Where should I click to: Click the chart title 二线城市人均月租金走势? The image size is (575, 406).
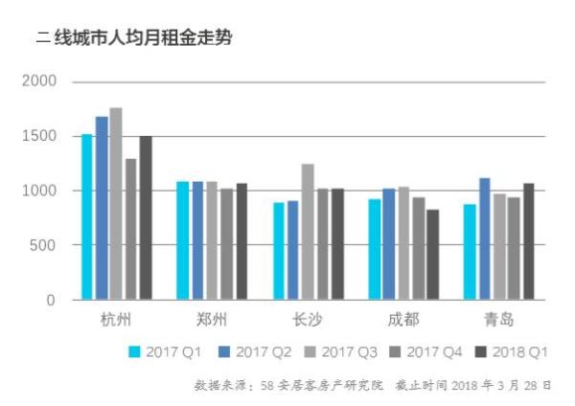[133, 39]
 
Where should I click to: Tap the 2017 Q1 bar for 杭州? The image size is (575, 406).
[87, 217]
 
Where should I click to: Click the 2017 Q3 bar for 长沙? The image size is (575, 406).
[308, 232]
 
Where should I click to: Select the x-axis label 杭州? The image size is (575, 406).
[116, 320]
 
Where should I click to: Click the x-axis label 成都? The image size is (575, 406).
[402, 320]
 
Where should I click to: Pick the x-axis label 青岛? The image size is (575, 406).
[498, 320]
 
